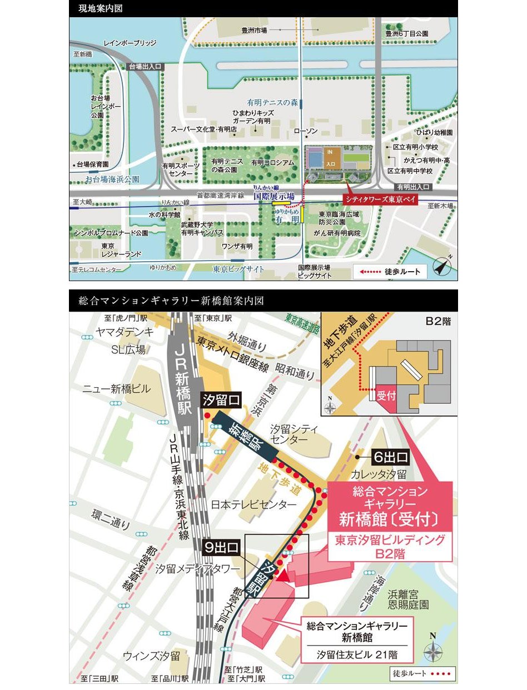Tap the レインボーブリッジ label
(x=131, y=43)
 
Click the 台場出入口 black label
(x=145, y=66)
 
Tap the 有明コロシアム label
(x=272, y=162)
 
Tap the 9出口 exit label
(x=221, y=547)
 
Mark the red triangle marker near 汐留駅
(x=284, y=576)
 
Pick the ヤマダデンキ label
(x=124, y=332)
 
